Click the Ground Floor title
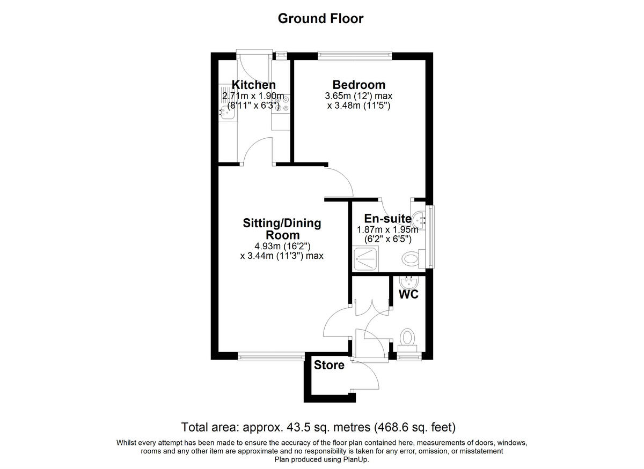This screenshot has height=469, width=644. pos(320,18)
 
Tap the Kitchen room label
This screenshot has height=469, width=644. pos(253,85)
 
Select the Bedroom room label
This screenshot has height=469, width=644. pos(358,85)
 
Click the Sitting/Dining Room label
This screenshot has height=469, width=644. pos(282,229)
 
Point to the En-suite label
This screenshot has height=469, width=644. pos(387,219)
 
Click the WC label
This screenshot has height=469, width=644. pos(408,294)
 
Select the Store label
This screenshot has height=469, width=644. pos(329,366)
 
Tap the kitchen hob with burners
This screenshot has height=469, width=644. pos(282,103)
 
